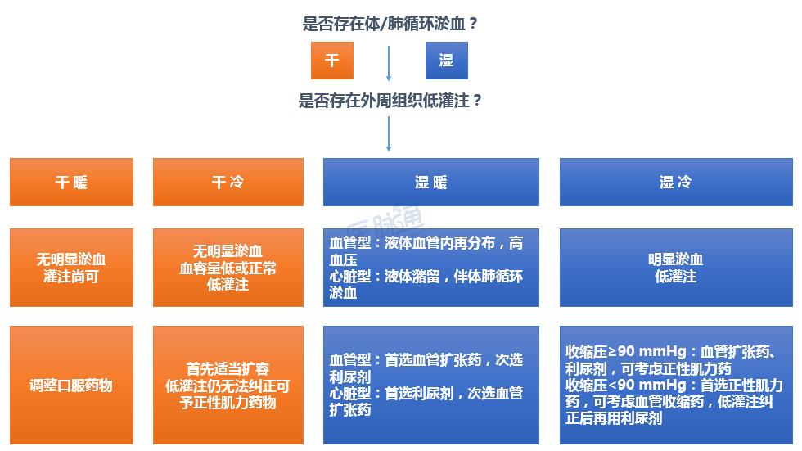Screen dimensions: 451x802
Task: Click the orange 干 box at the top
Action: (x=331, y=61)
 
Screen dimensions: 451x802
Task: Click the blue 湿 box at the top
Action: (x=446, y=61)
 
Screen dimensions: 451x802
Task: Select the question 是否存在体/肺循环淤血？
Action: (x=390, y=24)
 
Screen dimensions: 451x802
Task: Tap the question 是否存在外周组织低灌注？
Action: (x=390, y=101)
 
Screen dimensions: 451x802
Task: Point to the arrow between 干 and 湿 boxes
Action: (x=389, y=63)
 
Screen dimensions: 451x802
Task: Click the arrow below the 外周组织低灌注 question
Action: (x=389, y=133)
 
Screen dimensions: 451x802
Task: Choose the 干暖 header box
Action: (x=71, y=182)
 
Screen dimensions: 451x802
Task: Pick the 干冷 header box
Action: (x=228, y=182)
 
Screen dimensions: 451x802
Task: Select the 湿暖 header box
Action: (x=431, y=182)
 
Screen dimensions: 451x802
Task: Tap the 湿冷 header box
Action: (x=675, y=182)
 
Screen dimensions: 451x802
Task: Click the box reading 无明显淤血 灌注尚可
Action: (x=71, y=268)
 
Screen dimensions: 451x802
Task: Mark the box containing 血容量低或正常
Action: (x=228, y=268)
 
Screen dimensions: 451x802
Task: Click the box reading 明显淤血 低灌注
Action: (x=675, y=268)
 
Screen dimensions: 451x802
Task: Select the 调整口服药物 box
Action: (x=71, y=385)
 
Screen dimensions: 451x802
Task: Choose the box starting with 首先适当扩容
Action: (x=228, y=385)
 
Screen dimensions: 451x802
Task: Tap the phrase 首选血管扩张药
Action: (x=430, y=360)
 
